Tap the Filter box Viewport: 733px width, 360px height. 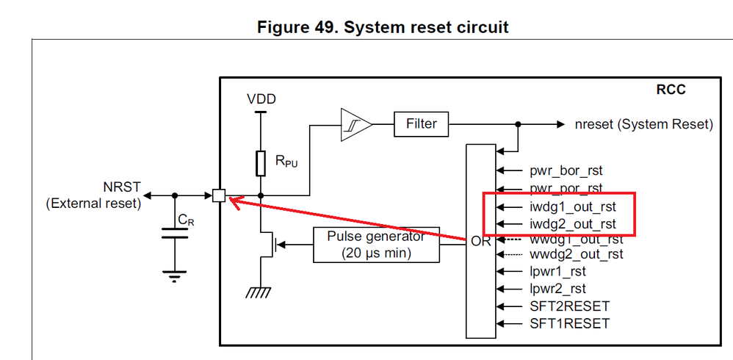click(x=421, y=124)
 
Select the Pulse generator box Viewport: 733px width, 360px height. click(x=377, y=245)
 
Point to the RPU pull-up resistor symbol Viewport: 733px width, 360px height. click(x=260, y=163)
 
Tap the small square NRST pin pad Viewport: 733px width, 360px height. click(x=218, y=195)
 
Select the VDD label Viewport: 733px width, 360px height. click(x=261, y=99)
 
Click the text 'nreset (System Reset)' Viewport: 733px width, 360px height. click(x=644, y=124)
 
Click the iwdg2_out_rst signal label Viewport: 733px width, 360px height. click(x=573, y=224)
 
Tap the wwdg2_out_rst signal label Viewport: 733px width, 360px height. click(x=577, y=254)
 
